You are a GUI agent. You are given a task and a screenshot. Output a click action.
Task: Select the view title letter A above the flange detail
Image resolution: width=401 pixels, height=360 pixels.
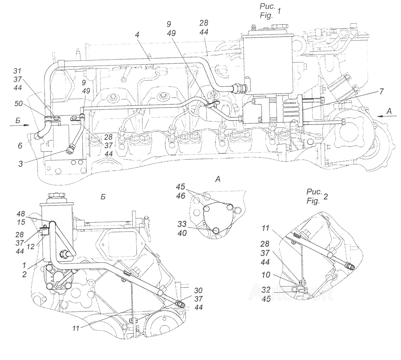(217, 180)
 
